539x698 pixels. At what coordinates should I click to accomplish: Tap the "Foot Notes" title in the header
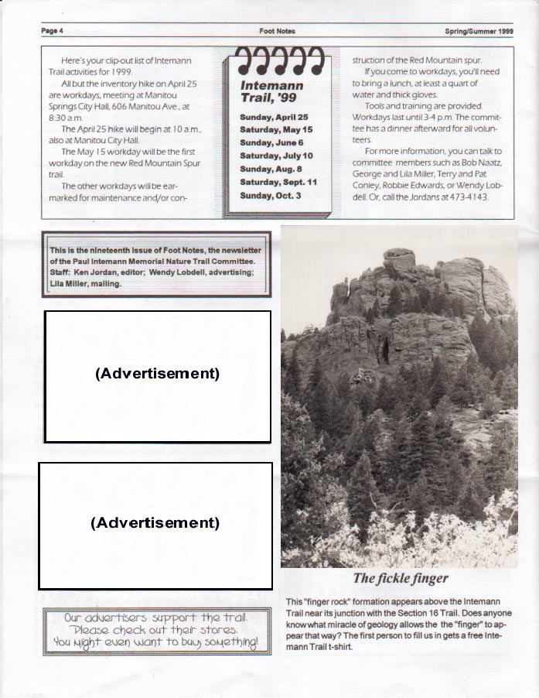pos(277,31)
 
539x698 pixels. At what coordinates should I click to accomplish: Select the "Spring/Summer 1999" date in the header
pos(479,31)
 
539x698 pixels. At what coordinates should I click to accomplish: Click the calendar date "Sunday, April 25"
pos(274,116)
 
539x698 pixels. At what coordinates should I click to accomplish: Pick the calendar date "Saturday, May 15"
pos(276,129)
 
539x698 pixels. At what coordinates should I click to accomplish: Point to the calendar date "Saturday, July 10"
pos(276,156)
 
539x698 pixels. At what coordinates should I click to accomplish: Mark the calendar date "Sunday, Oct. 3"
pos(271,195)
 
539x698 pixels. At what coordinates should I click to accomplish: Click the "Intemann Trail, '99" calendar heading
pos(271,91)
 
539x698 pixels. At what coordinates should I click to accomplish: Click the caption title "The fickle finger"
pos(400,578)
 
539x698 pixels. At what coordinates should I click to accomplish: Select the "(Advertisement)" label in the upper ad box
pos(158,373)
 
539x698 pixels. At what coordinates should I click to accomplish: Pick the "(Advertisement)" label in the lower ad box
pos(155,522)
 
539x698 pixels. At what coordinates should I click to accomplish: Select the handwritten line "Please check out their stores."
pos(157,630)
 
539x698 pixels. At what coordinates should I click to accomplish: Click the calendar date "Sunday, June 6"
pos(271,142)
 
